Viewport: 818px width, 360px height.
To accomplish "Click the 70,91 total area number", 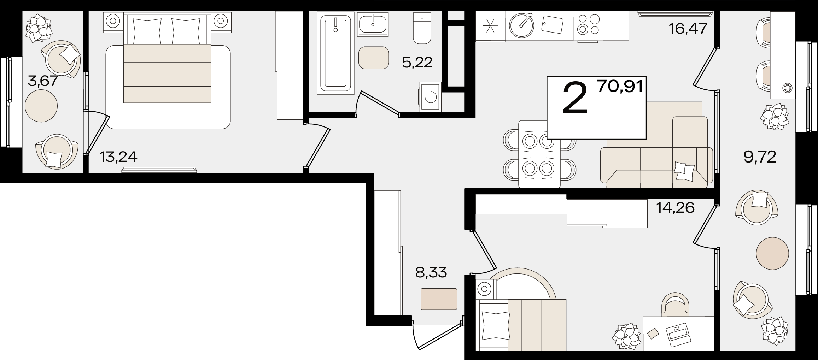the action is (620, 86).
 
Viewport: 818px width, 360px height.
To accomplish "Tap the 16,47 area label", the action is (688, 28).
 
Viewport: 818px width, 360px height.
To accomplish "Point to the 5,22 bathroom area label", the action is (417, 63).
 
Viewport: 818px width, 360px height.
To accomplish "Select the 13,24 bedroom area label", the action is (118, 157).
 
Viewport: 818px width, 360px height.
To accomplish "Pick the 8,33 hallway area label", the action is (431, 272).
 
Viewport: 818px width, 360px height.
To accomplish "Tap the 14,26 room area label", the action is (675, 207).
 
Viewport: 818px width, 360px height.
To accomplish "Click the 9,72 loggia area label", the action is (760, 156).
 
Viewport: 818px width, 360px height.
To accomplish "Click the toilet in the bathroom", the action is (422, 28).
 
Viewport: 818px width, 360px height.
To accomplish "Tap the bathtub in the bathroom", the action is (335, 53).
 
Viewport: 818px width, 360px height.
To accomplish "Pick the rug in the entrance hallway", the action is (439, 299).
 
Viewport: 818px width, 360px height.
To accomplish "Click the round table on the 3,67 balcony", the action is (41, 106).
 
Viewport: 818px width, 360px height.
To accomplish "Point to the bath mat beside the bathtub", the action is (374, 58).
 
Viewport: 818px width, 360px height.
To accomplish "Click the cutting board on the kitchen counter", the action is (552, 24).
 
